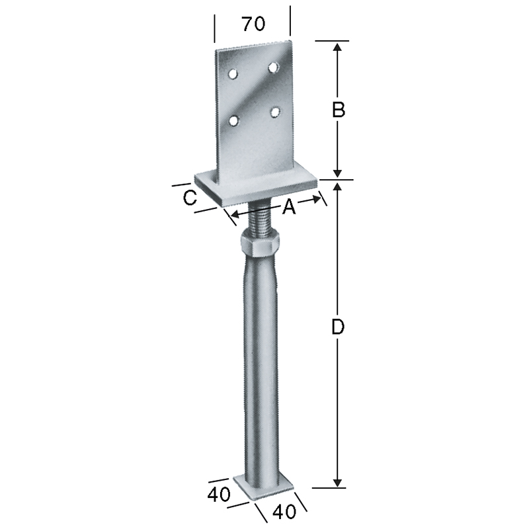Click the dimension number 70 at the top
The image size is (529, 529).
point(254,24)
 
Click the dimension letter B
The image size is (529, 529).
point(339,110)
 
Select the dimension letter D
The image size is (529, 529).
point(338,327)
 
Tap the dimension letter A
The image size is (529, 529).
point(289,206)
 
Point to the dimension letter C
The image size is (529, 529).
point(190,198)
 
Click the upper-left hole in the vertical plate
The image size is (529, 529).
point(233,73)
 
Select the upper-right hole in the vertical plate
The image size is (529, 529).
point(274,67)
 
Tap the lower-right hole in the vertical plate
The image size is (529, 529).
point(276,112)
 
